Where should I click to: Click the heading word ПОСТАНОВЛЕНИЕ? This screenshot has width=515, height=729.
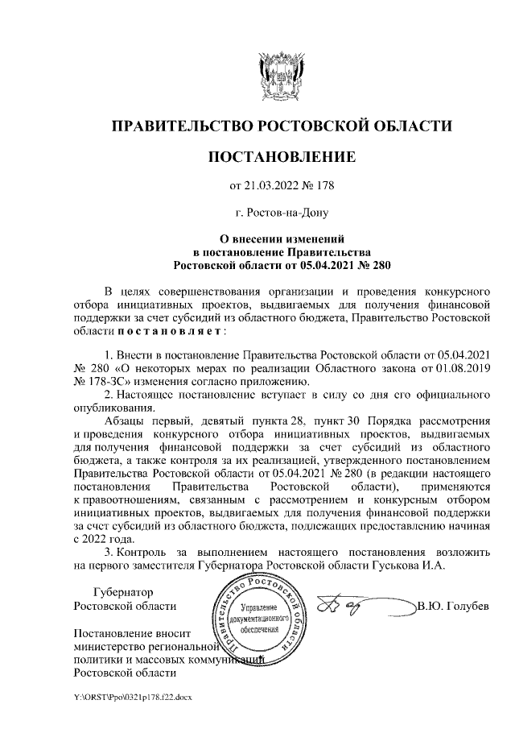click(281, 156)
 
